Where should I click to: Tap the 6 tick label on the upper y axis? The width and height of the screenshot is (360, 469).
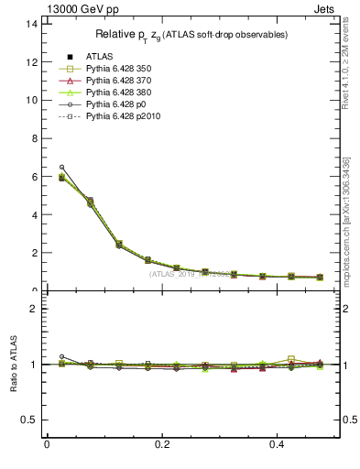[34, 176]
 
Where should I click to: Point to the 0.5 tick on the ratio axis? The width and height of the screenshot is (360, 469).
[29, 420]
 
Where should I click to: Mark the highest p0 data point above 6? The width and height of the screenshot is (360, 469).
[61, 167]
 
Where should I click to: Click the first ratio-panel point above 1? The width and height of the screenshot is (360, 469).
[61, 356]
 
